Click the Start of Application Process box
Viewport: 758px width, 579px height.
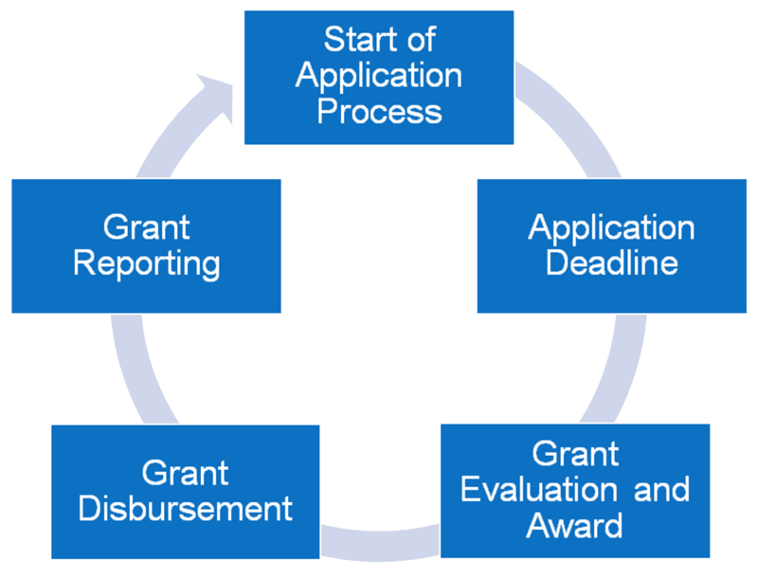point(379,78)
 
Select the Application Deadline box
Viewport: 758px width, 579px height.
point(611,246)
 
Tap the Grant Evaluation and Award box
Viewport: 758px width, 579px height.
point(575,491)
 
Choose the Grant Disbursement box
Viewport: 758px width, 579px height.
point(186,492)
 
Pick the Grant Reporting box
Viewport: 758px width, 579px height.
point(147,246)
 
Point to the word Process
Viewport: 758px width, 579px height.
point(380,111)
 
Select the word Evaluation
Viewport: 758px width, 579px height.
point(539,490)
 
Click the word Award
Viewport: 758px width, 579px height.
point(574,525)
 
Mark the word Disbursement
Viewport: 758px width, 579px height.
point(186,509)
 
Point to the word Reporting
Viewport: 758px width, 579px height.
point(147,264)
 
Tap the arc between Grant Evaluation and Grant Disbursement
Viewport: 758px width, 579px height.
point(380,545)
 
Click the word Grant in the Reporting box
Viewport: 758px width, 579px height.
point(147,227)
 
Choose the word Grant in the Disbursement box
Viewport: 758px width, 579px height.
point(185,473)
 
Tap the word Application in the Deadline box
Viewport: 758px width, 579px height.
point(611,228)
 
